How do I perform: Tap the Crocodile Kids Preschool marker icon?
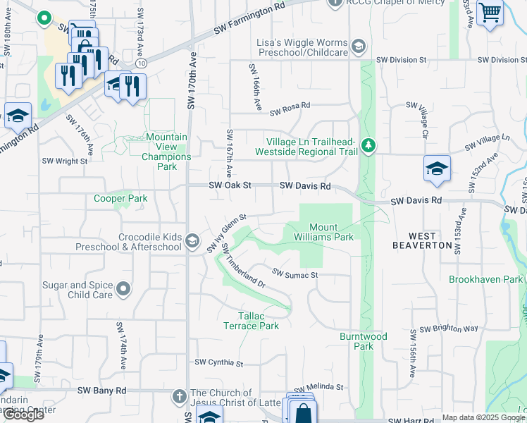tap(192, 242)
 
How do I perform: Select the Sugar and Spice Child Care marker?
tap(123, 289)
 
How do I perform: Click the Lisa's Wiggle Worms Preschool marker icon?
tap(359, 47)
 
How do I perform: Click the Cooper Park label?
tap(120, 199)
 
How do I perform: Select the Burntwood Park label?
tap(364, 341)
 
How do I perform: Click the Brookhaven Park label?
tap(486, 279)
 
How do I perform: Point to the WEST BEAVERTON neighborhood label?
tap(422, 240)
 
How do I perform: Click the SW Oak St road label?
tap(230, 185)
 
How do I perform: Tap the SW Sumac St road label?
tap(295, 274)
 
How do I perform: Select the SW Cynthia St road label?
tap(219, 364)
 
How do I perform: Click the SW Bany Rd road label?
tap(101, 390)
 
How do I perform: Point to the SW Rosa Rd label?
tap(287, 106)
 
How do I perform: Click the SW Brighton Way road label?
tap(449, 329)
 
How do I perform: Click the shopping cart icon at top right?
tap(490, 12)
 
